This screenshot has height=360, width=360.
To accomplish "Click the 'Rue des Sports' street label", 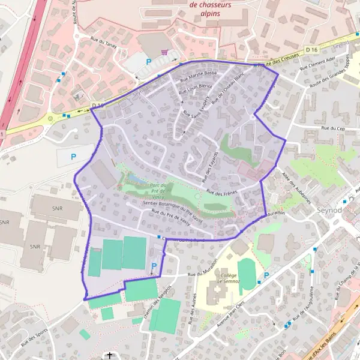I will click(x=35, y=338).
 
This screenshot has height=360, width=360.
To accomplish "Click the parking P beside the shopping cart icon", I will click(x=148, y=61).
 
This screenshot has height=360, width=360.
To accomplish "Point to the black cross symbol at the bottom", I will click(x=110, y=355).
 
